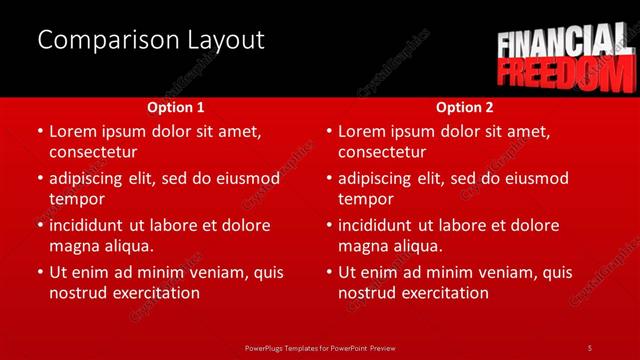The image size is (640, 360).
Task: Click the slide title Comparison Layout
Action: tap(150, 40)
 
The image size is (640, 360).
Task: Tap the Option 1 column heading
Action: tap(176, 107)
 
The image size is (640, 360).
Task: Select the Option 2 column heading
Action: tap(465, 107)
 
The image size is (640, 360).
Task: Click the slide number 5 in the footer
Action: tap(589, 347)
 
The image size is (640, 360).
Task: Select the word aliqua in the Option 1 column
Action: tap(127, 246)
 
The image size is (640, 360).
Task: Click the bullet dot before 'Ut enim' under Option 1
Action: tap(40, 272)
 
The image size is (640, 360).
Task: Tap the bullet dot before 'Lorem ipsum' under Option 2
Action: tap(329, 131)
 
